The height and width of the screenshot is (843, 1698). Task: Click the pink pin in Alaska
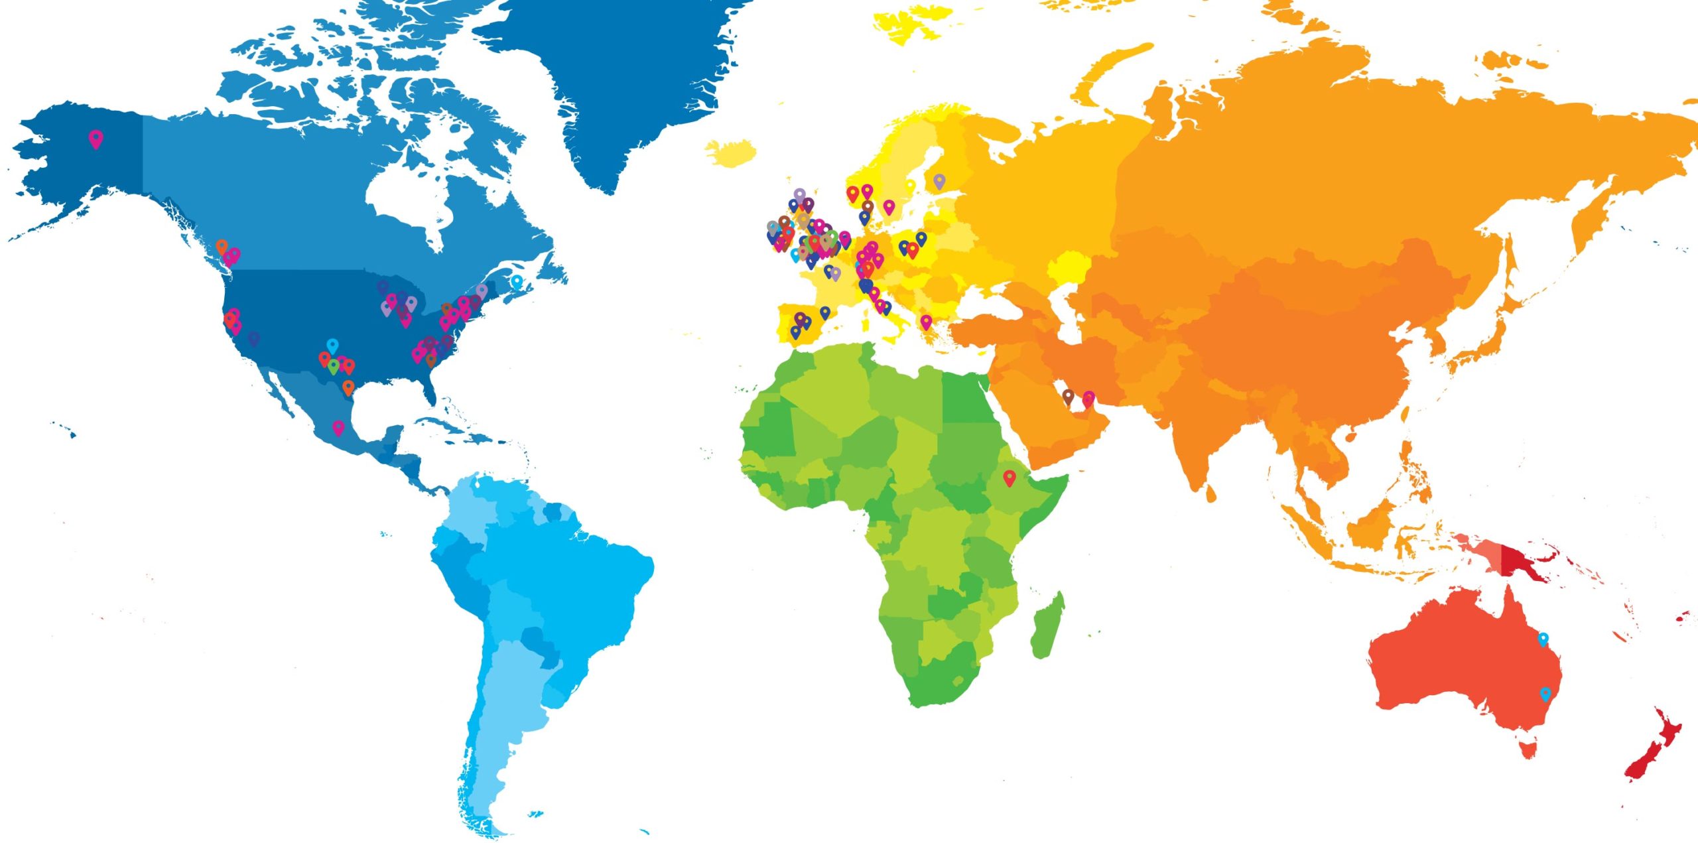(96, 139)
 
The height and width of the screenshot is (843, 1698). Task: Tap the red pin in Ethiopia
(1010, 477)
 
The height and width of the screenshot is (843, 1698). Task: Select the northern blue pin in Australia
(1543, 639)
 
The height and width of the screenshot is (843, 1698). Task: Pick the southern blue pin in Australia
(1546, 694)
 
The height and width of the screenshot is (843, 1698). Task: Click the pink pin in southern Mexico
(338, 427)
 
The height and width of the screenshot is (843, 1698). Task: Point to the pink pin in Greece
(926, 322)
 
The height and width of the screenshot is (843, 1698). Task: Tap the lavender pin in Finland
(939, 180)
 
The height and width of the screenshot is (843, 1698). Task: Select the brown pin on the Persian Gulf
(1068, 396)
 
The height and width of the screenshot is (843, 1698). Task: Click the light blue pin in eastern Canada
(517, 282)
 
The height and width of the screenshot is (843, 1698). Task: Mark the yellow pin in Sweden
(910, 186)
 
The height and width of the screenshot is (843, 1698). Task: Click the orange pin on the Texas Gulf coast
(348, 387)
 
